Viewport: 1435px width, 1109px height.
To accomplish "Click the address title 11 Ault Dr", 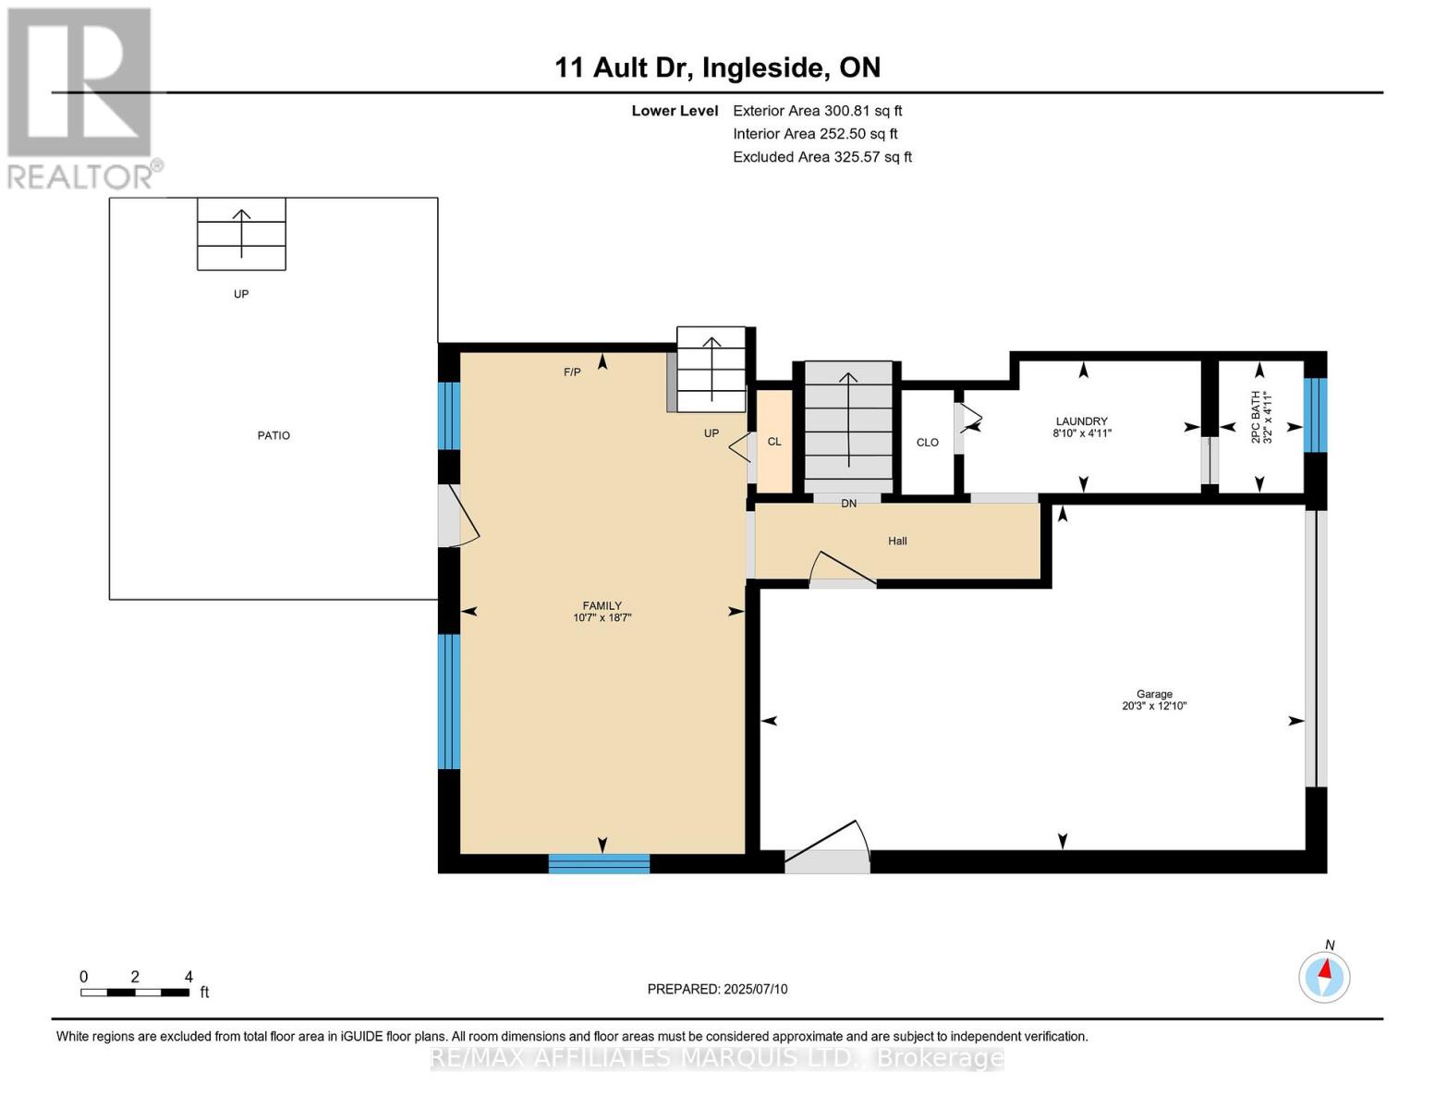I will pos(717,67).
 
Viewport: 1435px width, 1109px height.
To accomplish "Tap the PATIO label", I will pos(274,435).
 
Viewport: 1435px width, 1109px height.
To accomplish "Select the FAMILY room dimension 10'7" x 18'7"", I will pos(602,618).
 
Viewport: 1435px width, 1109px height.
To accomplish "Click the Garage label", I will pos(1154,694).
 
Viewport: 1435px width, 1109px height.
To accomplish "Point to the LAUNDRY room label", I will pos(1081,421).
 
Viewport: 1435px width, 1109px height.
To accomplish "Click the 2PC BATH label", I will pos(1255,418).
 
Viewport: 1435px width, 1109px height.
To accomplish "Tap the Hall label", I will pos(897,541).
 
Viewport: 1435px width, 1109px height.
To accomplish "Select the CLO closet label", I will pos(927,443).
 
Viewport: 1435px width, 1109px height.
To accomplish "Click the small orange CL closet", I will pos(774,442).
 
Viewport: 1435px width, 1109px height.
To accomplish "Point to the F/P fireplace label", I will pos(572,372).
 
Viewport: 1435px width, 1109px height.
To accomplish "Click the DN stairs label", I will pos(848,504).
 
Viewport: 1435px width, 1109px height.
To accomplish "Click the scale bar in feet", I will pos(135,993).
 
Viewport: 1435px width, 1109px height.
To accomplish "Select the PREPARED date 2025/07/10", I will pos(717,989).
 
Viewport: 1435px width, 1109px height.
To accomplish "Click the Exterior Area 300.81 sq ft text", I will pos(817,111).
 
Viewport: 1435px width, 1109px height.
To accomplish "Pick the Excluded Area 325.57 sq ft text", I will pos(821,157).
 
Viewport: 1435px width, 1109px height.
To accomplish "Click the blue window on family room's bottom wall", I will pos(599,863).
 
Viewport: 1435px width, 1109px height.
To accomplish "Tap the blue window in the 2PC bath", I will pos(1315,415).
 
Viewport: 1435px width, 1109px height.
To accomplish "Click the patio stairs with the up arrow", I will pos(241,234).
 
